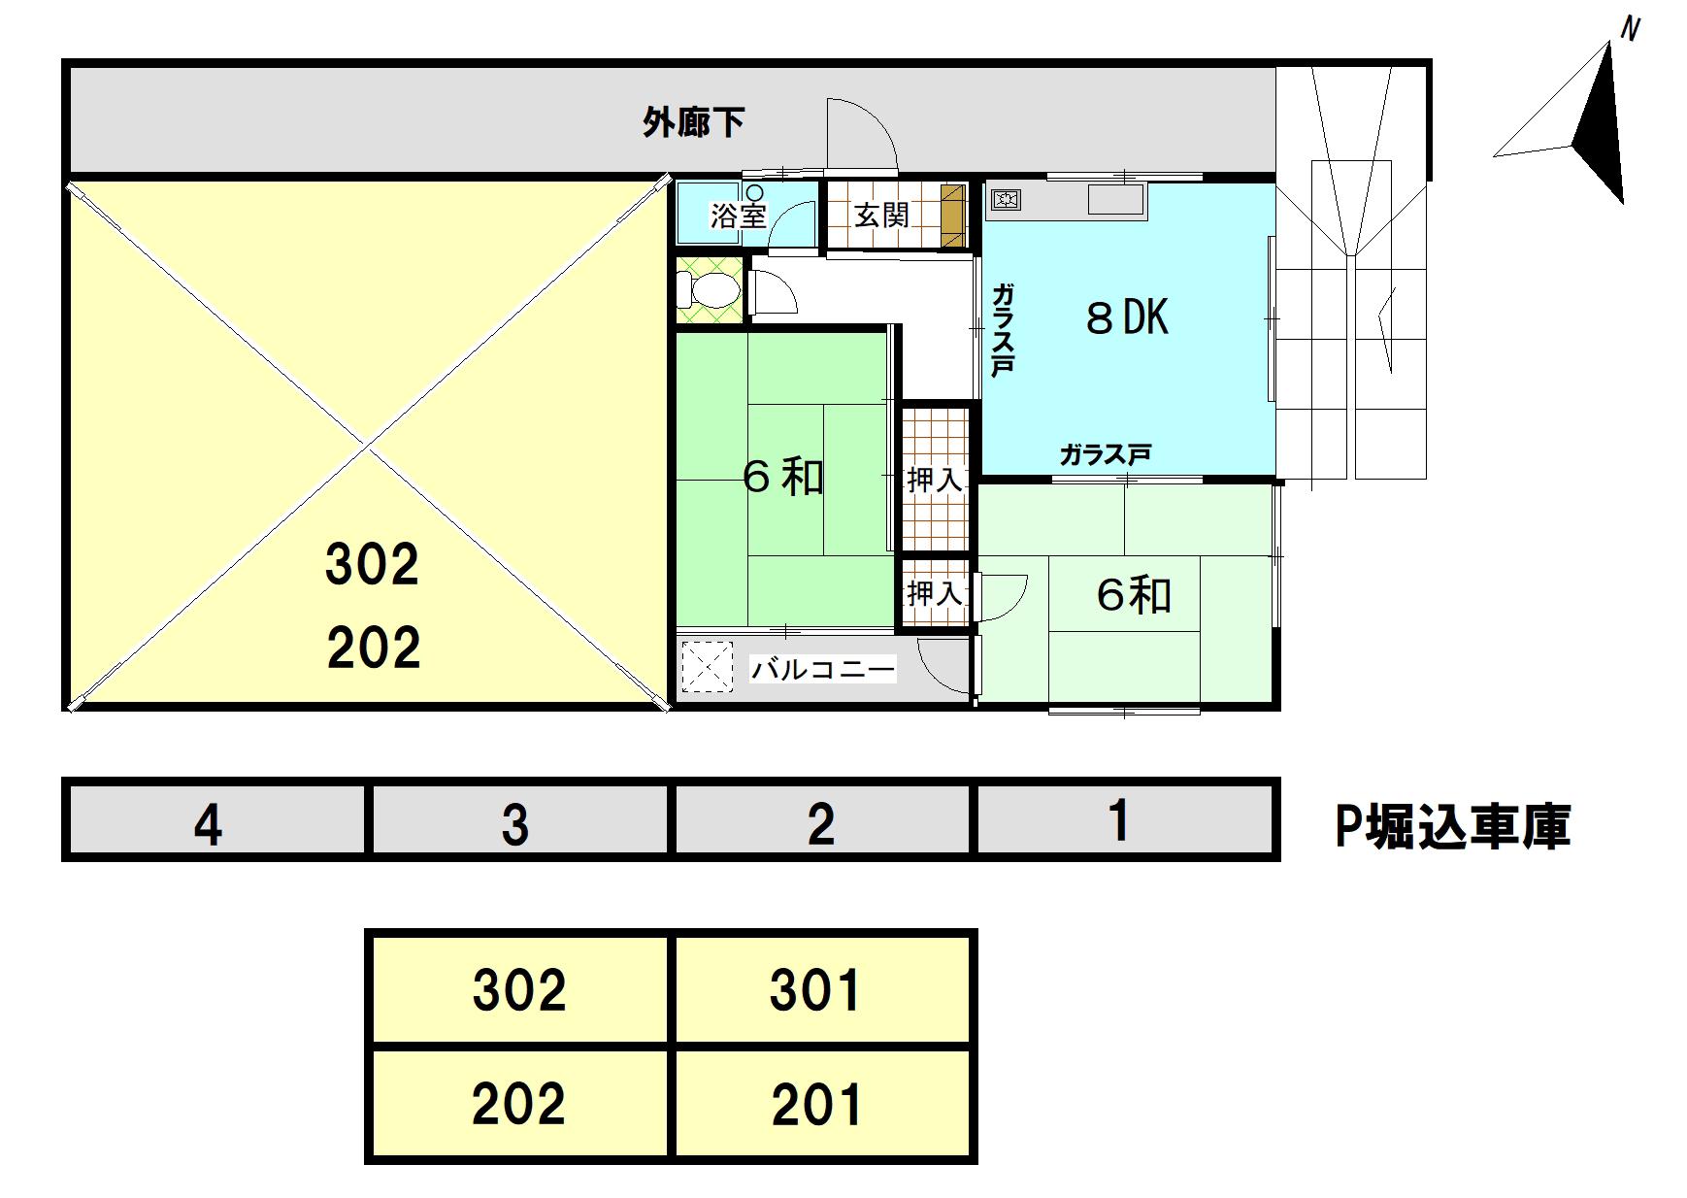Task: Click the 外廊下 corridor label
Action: (693, 123)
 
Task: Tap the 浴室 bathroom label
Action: (739, 216)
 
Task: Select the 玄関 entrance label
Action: (881, 216)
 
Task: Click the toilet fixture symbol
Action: (710, 289)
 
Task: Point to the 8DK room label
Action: (1127, 317)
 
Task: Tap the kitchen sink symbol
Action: (1115, 200)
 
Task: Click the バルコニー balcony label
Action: (823, 669)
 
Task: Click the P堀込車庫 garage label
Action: (1452, 826)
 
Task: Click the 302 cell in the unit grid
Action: (519, 989)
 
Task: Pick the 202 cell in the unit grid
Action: (519, 1104)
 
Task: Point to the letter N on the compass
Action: (1630, 29)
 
